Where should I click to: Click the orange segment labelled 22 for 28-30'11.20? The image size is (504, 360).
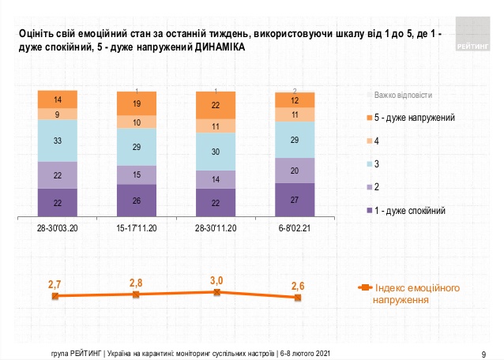click(x=216, y=104)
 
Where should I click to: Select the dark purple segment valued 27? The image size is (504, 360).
click(x=295, y=200)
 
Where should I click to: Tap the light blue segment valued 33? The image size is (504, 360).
click(x=58, y=141)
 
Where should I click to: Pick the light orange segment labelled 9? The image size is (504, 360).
click(x=58, y=114)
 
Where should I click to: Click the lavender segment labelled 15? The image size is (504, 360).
click(x=137, y=174)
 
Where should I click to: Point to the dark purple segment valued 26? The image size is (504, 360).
click(x=137, y=201)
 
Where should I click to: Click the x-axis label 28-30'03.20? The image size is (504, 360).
click(x=58, y=229)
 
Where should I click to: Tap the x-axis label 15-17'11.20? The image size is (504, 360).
click(x=137, y=229)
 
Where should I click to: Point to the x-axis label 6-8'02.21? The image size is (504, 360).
click(x=295, y=229)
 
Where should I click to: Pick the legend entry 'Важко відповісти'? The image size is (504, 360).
click(x=403, y=94)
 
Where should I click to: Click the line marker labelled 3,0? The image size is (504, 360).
click(x=216, y=291)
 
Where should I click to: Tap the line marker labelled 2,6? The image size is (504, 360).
click(x=297, y=298)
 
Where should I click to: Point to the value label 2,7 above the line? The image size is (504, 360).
click(x=55, y=283)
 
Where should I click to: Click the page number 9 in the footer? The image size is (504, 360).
click(x=483, y=352)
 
